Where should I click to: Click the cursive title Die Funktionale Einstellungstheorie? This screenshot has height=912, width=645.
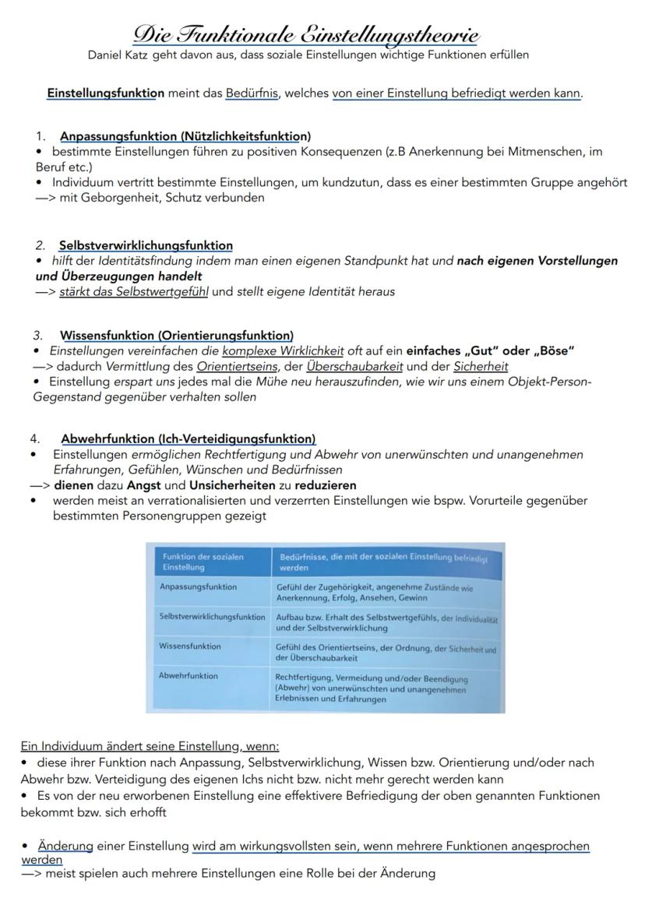305,33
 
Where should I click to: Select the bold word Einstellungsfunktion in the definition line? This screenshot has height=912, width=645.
106,93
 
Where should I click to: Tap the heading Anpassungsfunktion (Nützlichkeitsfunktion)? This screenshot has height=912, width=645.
185,136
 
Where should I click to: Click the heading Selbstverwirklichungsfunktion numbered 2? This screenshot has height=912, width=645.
146,245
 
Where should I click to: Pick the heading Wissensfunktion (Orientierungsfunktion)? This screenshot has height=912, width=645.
177,336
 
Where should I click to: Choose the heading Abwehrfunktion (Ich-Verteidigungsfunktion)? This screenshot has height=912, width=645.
189,439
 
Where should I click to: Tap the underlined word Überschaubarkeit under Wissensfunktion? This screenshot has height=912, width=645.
354,366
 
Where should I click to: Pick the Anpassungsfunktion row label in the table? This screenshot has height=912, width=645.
199,586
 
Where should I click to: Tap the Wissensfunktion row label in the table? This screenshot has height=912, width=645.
190,646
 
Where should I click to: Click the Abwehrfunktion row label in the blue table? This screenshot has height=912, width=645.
189,675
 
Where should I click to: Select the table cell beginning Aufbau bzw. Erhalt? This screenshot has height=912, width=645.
386,621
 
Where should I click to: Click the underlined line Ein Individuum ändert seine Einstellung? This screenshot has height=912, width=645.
150,745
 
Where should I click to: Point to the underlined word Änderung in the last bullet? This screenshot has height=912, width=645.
65,845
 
